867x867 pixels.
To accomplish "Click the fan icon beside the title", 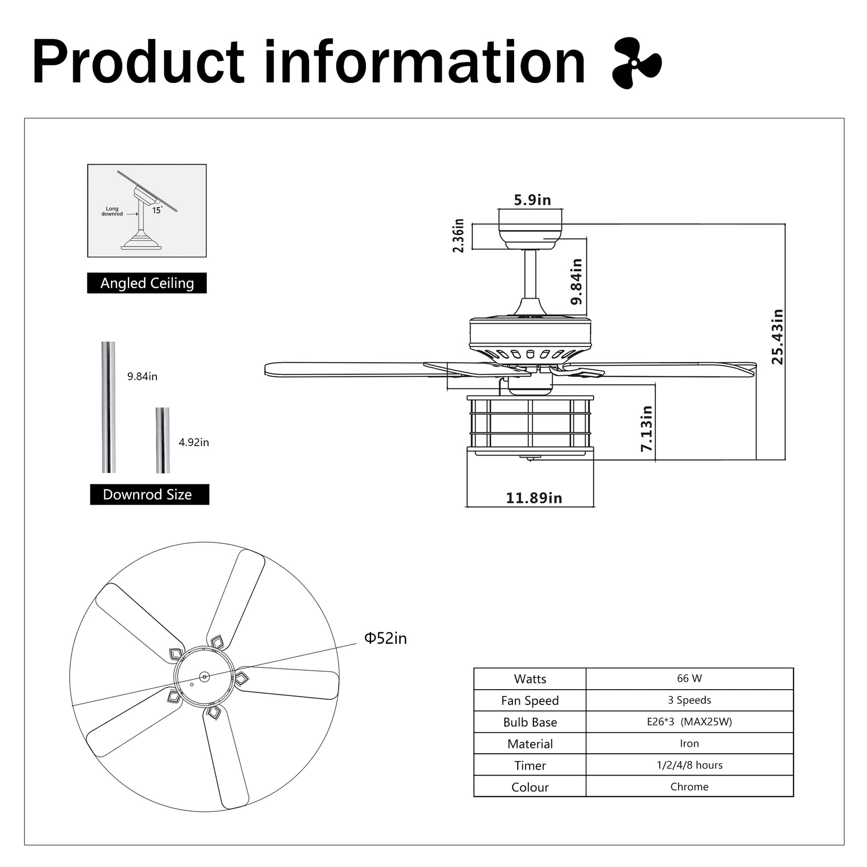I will coord(636,63).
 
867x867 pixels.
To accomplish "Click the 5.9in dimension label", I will coord(532,200).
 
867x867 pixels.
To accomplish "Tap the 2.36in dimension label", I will coord(458,236).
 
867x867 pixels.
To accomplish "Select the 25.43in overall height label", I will coord(777,336).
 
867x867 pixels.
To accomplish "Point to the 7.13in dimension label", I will coord(646,428).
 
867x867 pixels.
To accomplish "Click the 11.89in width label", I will coord(534,498).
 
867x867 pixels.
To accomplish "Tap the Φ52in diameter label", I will coord(385,638).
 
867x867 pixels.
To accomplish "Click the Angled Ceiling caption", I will coord(147,283).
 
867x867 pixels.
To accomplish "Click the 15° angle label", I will coord(157,210).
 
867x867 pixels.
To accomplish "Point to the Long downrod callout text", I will coord(112,211).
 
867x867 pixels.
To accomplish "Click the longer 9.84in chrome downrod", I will coord(108,407).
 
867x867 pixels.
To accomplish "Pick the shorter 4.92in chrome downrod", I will coord(163,440).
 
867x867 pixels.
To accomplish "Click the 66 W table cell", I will coord(689,679).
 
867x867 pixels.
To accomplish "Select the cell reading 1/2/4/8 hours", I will coord(689,765).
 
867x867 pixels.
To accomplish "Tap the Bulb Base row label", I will coord(530,722).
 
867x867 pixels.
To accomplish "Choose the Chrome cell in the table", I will coord(689,787).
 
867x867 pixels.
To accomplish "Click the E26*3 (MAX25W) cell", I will coord(689,722).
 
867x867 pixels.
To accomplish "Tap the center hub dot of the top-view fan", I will coord(204,676).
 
